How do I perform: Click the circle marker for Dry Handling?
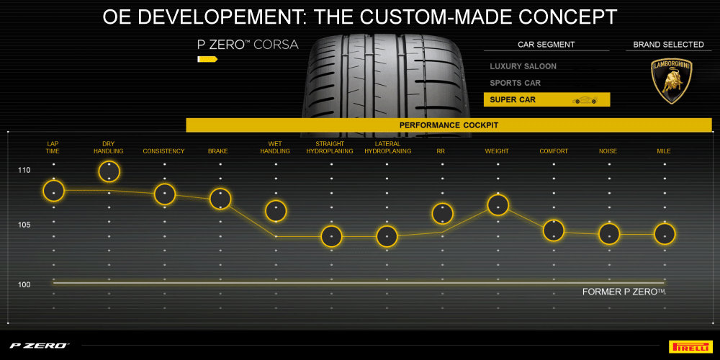109,171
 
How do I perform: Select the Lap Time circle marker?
53,190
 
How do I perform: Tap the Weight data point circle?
498,204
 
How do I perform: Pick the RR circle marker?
442,213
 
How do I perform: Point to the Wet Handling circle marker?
276,211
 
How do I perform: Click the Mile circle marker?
664,234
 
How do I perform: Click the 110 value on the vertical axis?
24,171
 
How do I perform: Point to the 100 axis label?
24,285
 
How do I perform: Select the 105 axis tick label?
24,225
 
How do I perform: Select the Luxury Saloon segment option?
523,66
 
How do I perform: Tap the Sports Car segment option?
515,83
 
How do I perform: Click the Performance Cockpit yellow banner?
449,125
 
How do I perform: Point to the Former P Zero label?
624,292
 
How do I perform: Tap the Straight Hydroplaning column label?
330,148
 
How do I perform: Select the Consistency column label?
163,151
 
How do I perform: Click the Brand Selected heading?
668,45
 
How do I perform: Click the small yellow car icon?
585,100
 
